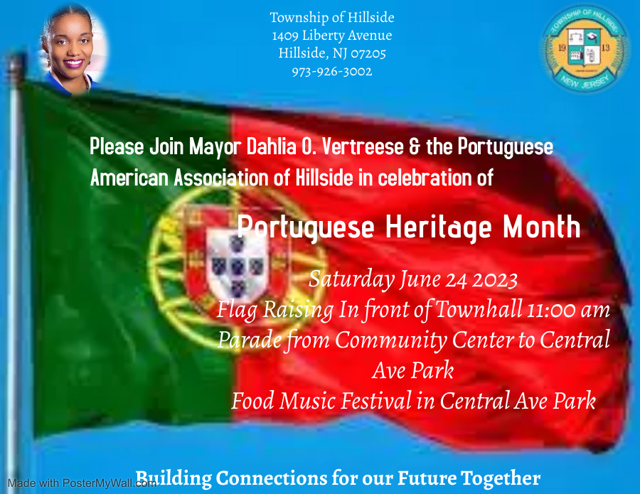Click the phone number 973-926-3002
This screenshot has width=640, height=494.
pos(332,71)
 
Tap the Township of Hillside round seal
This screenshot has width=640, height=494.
pos(584,48)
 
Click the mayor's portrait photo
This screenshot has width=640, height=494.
pos(73,49)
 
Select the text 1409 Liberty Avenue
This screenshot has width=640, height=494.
pos(332,36)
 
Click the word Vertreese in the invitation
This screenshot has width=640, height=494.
pos(363,146)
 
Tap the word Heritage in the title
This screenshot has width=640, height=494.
pos(438,227)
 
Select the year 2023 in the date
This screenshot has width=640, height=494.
pos(495,281)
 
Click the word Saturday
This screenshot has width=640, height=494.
pos(351,280)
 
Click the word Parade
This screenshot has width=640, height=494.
pos(250,340)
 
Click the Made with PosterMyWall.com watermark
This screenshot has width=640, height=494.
pos(82,483)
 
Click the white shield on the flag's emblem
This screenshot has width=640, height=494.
pos(237,264)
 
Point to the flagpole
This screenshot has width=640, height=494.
pos(15,274)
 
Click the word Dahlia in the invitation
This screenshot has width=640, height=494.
pos(271,146)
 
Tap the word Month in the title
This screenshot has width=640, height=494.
pos(541,227)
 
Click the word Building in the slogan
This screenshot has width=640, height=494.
pos(174,479)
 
